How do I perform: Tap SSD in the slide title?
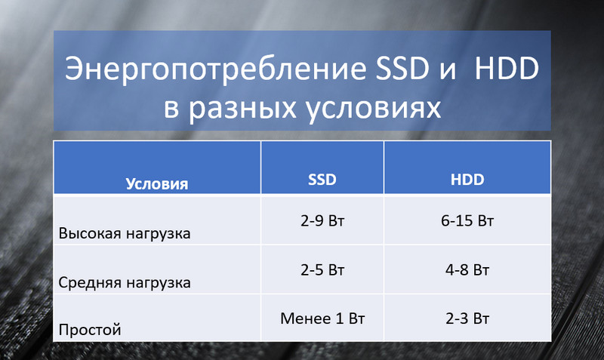coord(402,69)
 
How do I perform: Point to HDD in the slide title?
coord(506,69)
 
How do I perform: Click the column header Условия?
coord(157,184)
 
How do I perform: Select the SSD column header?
coord(322,180)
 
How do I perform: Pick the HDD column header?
coord(467,180)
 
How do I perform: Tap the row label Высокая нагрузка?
coord(125,233)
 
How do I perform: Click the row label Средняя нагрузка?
coord(125,282)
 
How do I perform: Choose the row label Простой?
coord(90,330)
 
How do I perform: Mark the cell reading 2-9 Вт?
coord(322,220)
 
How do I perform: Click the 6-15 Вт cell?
coord(467,220)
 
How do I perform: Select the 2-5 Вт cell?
coord(322,270)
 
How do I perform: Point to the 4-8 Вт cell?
coord(467,270)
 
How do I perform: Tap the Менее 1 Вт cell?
coord(322,318)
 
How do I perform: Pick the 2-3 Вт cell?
coord(467,318)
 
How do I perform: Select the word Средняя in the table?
coord(90,282)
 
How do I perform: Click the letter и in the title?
coord(448,71)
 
